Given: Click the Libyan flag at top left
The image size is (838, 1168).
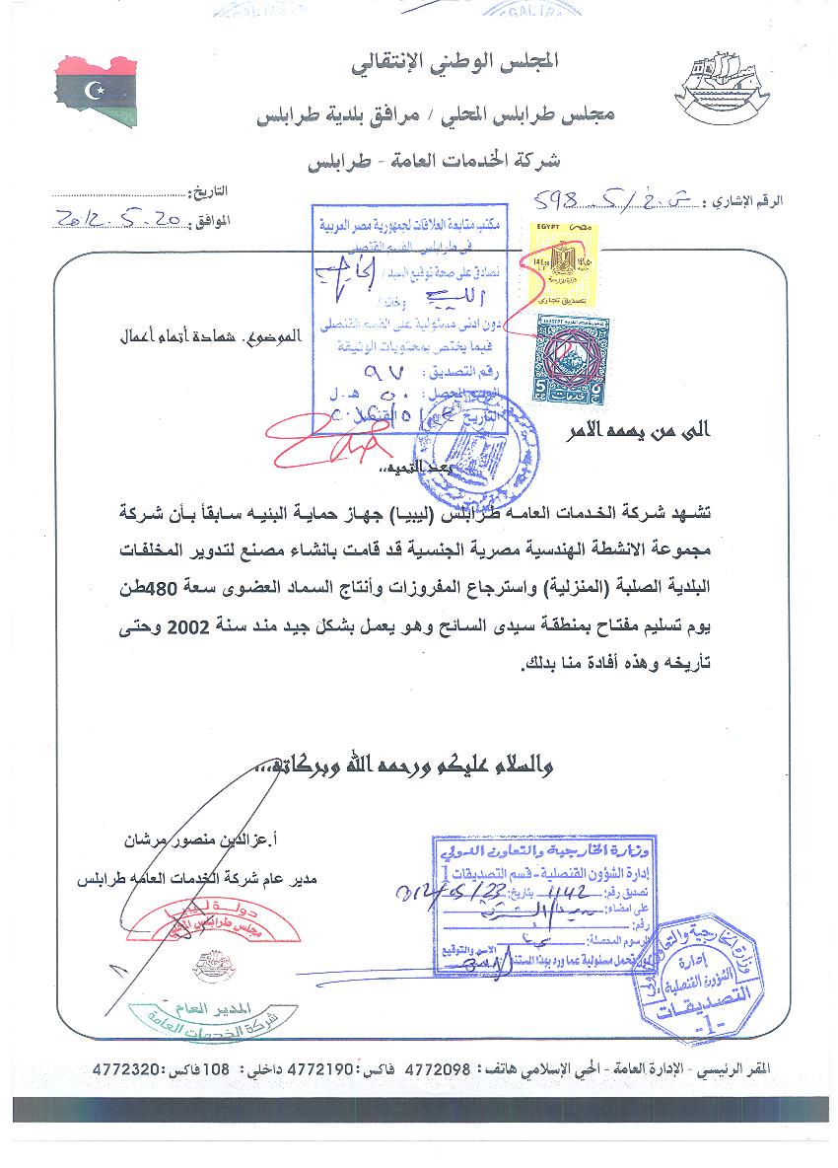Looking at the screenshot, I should click(96, 92).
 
